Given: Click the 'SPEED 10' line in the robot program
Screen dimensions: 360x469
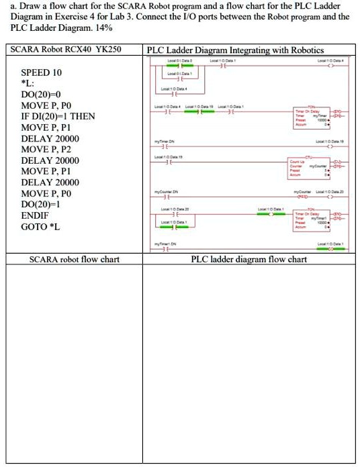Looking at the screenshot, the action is (42, 72).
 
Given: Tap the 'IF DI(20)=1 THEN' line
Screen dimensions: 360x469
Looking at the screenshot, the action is (58, 117).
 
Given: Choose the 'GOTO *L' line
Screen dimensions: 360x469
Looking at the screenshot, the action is (40, 227).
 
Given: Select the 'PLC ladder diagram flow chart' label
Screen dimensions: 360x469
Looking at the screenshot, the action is (249, 260).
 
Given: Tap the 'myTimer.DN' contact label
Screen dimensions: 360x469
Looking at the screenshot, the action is (164, 142).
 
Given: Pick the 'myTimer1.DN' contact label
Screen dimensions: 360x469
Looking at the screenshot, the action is (165, 243).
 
